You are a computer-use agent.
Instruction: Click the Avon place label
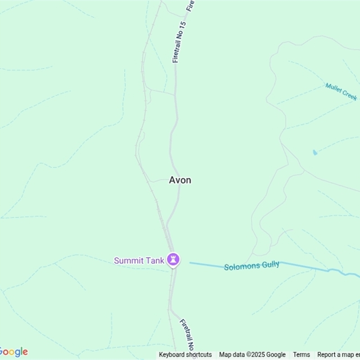(x=180, y=180)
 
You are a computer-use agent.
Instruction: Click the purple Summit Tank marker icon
(x=173, y=259)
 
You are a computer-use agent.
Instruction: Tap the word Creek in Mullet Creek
(x=349, y=94)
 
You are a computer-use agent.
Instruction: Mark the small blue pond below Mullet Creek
(x=315, y=153)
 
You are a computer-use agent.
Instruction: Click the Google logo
(x=13, y=352)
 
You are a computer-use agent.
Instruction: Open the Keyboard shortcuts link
(x=185, y=355)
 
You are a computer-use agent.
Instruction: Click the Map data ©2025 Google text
(x=252, y=355)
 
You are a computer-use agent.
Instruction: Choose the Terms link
(x=301, y=355)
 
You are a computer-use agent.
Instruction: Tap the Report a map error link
(x=338, y=355)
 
